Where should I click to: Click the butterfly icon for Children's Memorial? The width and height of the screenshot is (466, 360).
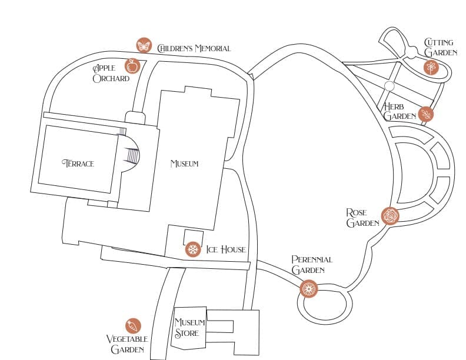click(x=144, y=45)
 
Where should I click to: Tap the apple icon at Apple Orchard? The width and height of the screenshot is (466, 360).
click(x=132, y=66)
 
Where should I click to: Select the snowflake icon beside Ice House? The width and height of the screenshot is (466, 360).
click(x=192, y=249)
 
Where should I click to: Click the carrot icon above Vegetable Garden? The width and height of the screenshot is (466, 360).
click(x=133, y=326)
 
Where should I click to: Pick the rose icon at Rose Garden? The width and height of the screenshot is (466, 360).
click(x=390, y=216)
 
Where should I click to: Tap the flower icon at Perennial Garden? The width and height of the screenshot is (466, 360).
click(x=309, y=288)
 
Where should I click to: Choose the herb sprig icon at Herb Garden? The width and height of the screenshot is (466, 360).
click(x=425, y=114)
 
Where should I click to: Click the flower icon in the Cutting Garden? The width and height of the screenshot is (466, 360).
click(x=431, y=67)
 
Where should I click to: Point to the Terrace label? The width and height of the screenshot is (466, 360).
click(x=78, y=164)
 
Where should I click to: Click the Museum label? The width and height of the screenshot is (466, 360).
click(x=184, y=164)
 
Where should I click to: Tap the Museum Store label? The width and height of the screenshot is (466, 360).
click(x=189, y=328)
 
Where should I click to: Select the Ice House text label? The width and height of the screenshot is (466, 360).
click(x=225, y=249)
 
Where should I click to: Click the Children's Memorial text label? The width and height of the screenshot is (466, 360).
click(x=194, y=48)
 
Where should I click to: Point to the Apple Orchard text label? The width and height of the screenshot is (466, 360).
click(x=110, y=74)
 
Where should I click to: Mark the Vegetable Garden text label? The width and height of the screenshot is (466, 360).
click(x=127, y=344)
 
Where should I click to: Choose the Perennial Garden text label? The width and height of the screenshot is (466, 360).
click(x=312, y=265)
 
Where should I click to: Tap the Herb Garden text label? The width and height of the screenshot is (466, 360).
click(x=399, y=111)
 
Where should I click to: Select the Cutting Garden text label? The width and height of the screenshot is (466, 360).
click(x=440, y=48)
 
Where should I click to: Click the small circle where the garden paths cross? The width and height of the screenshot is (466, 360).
click(x=388, y=86)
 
